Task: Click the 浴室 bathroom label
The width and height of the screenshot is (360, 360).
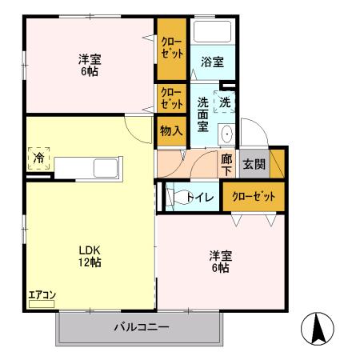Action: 212,61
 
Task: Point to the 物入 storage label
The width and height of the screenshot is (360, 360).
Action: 170,130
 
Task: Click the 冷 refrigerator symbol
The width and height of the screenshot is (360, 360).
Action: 38,157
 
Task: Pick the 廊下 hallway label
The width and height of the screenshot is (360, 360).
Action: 226,164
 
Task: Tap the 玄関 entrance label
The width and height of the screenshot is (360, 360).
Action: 254,164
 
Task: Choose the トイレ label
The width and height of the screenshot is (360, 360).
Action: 198,197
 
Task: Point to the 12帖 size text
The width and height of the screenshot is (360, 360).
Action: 88,262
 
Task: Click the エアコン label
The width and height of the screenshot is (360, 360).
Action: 42,295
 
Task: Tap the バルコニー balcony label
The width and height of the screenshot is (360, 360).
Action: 141,326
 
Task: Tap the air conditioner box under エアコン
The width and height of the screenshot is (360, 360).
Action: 42,304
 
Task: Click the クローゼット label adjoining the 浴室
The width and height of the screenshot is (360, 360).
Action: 170,46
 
